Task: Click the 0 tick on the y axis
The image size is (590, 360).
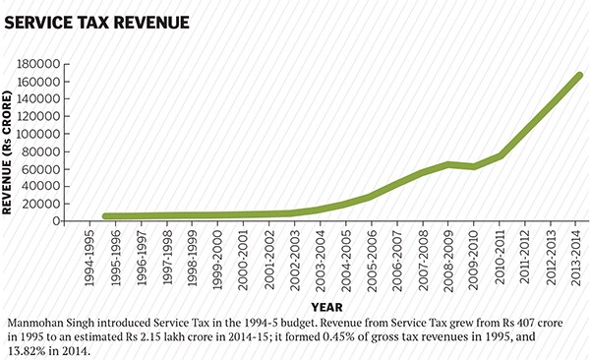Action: point(58,221)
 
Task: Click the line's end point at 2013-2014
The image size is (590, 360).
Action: point(578,76)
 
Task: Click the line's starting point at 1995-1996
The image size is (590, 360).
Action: point(106,216)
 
